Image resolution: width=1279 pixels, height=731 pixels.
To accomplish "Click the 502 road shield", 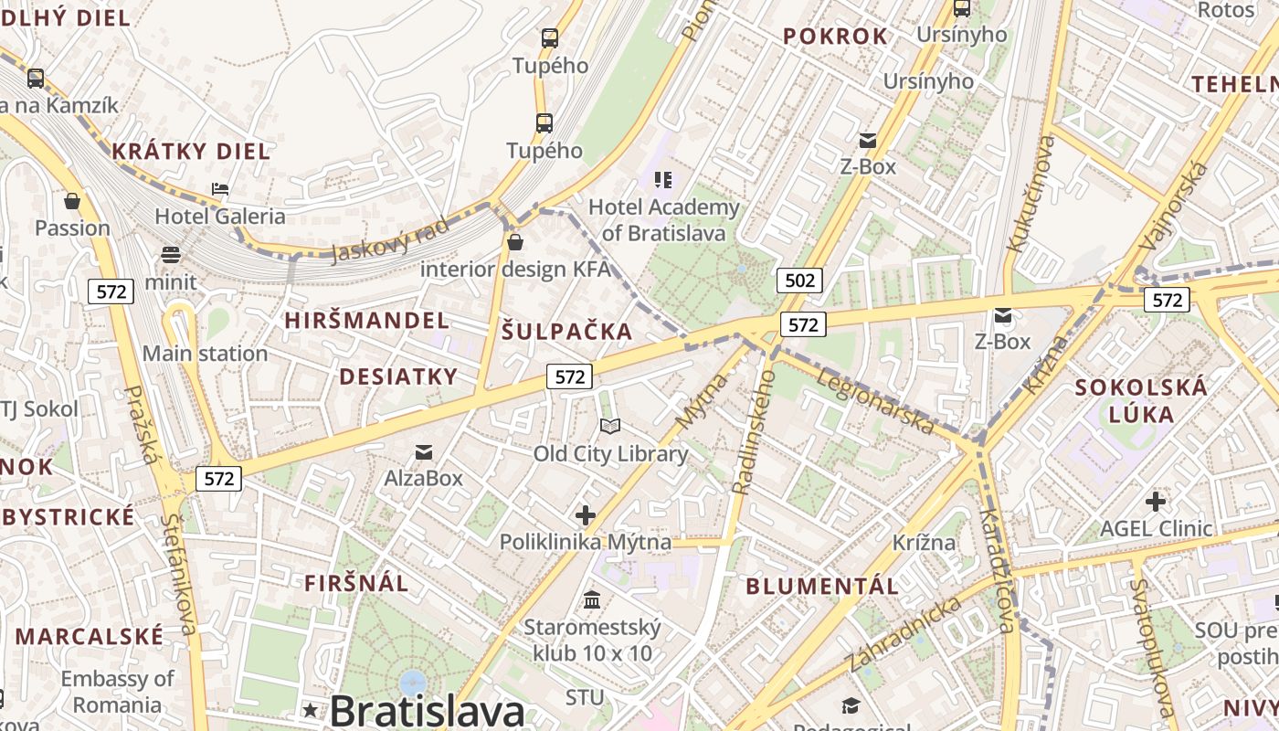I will [x=799, y=281].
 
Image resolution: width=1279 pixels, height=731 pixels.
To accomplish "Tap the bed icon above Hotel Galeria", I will [x=220, y=190].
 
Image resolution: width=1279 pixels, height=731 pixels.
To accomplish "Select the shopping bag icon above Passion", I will [x=72, y=200].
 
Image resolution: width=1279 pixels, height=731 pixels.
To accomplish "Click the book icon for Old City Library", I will [x=610, y=427].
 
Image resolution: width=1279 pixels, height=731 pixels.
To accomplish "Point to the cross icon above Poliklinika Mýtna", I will [x=586, y=515].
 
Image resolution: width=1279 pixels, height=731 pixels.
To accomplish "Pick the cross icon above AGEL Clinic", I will [x=1156, y=502].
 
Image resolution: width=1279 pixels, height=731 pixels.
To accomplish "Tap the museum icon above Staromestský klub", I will [x=592, y=600].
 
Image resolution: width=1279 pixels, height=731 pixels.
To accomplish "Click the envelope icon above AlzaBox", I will [x=424, y=451].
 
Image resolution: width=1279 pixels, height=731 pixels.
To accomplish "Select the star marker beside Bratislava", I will [x=311, y=710].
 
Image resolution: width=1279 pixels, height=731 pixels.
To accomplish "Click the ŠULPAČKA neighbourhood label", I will [x=566, y=332].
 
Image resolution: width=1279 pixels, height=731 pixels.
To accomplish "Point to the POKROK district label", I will [x=835, y=37].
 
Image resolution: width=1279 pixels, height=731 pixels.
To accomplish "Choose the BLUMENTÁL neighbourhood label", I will [x=822, y=587].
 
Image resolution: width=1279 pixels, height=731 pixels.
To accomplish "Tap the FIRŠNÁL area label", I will [x=356, y=583].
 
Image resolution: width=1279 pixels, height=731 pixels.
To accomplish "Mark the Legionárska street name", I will [x=876, y=400].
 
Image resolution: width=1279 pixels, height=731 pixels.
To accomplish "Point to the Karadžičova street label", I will [x=997, y=570].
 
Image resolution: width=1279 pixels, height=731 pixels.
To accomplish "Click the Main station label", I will [x=205, y=354].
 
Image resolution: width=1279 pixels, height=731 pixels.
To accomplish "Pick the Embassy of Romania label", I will [x=117, y=692].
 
